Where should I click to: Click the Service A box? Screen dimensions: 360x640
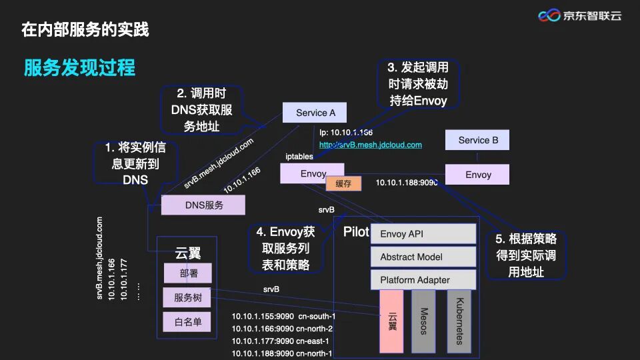(x=315, y=113)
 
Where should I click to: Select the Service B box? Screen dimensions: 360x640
(x=478, y=140)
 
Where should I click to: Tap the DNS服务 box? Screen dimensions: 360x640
(x=204, y=205)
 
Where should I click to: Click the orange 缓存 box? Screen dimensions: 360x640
(x=343, y=183)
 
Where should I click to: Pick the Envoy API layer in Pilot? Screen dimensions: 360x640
(x=423, y=234)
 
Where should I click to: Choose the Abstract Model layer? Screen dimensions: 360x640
(x=423, y=257)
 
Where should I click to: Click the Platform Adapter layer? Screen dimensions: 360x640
(x=423, y=280)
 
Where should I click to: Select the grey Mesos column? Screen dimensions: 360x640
(x=423, y=321)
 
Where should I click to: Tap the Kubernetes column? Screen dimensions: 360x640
(x=459, y=321)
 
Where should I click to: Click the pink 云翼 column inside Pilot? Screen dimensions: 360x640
(x=391, y=321)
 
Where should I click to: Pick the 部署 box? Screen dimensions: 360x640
(x=188, y=273)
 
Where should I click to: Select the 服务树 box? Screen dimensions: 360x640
(x=188, y=297)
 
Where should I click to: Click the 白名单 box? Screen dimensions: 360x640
(x=188, y=323)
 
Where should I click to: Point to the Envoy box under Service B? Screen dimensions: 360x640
(x=478, y=175)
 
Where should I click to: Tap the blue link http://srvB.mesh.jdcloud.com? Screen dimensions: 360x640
(x=371, y=145)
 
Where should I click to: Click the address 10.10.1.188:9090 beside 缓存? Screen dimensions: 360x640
(x=407, y=183)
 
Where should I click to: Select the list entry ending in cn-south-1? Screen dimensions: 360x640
(x=283, y=316)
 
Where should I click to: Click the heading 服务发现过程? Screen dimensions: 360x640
(x=79, y=68)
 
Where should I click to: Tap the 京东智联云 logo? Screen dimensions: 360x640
(x=579, y=15)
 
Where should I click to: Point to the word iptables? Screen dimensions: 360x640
(x=299, y=156)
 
